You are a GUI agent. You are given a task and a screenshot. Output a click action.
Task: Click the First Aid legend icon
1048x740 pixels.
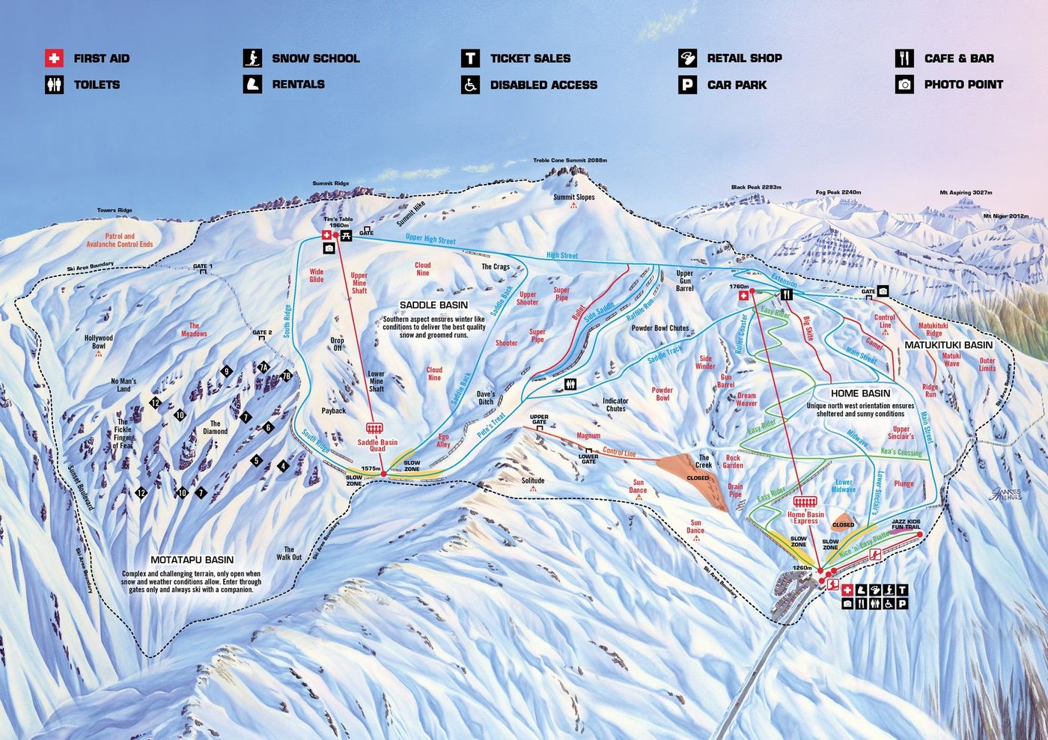(x=54, y=58)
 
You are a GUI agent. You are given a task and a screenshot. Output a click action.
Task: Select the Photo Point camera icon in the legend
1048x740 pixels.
(x=904, y=85)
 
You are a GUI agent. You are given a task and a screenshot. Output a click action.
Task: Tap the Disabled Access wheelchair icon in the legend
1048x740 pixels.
(x=470, y=85)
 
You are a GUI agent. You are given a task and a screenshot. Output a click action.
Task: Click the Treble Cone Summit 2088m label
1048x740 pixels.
(x=570, y=160)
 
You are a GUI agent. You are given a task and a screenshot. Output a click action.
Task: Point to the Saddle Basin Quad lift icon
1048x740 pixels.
(x=376, y=427)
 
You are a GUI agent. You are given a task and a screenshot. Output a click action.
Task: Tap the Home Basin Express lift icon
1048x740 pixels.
(x=805, y=501)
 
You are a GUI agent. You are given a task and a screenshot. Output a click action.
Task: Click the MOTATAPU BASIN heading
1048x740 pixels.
(x=192, y=560)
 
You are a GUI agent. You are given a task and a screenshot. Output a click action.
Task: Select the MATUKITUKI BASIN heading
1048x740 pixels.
(x=948, y=345)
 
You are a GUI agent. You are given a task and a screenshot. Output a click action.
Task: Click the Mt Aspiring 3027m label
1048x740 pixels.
(x=966, y=192)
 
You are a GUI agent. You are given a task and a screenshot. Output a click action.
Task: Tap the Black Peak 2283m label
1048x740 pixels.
(x=756, y=187)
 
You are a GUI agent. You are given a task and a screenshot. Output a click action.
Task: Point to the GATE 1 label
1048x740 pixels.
(x=202, y=266)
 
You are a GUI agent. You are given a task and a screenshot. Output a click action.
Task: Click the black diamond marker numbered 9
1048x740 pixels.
(x=226, y=371)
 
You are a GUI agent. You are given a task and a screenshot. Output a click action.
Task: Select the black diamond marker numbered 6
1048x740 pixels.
(x=268, y=428)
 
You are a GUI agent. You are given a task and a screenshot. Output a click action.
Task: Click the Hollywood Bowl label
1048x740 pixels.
(x=98, y=342)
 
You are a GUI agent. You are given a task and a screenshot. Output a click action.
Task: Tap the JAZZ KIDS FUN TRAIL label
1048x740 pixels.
(x=905, y=524)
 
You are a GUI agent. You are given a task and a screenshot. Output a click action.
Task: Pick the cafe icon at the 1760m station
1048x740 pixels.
(x=786, y=295)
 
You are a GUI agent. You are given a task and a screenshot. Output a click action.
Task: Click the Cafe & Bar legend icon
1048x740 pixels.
(x=904, y=58)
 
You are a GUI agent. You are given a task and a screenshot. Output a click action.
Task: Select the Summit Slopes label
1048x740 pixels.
(x=573, y=198)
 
